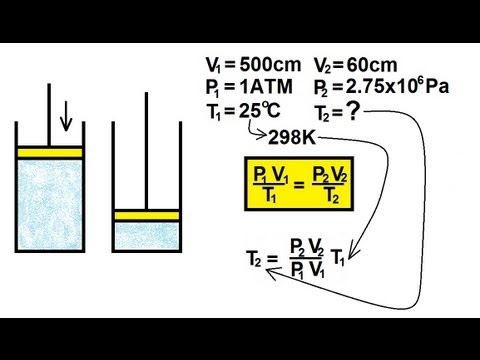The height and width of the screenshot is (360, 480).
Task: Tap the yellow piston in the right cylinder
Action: [146, 215]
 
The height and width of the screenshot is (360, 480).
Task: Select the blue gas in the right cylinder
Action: [146, 238]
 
